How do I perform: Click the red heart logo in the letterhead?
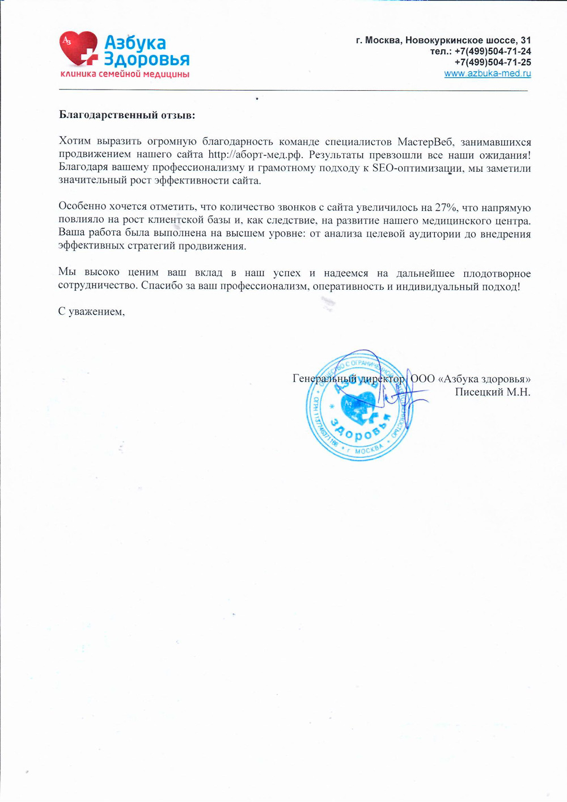(78, 49)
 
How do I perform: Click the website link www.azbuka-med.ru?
(487, 73)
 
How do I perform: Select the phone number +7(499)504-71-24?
(493, 51)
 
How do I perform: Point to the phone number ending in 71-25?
(493, 62)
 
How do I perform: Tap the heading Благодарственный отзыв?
(127, 115)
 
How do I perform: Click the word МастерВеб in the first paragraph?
(425, 142)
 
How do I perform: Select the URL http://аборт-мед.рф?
(255, 154)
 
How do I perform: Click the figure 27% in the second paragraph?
(446, 208)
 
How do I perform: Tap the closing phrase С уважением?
(91, 311)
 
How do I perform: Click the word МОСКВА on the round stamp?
(369, 449)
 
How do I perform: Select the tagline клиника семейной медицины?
(125, 75)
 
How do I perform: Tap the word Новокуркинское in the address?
(441, 40)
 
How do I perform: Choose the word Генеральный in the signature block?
(324, 378)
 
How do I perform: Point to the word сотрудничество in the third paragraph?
(98, 286)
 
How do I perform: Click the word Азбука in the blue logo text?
(135, 43)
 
